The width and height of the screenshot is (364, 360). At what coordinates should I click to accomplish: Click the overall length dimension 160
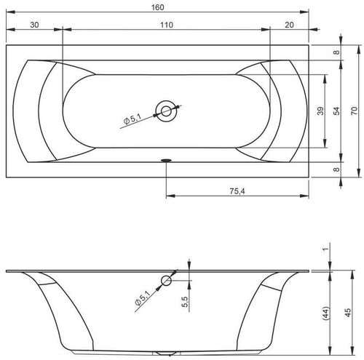tap(158, 7)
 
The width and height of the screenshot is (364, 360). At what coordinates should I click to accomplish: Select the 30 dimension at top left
tap(34, 25)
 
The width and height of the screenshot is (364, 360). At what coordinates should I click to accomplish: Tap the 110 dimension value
tap(167, 25)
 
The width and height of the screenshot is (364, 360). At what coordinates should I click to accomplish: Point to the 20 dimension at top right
tap(289, 25)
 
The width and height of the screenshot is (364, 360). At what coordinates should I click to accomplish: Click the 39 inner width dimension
tap(320, 111)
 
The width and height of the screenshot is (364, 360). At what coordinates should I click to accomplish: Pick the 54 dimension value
tap(336, 111)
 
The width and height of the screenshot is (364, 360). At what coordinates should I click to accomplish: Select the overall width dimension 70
tap(355, 111)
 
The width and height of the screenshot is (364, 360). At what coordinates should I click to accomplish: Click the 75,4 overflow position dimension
tap(237, 191)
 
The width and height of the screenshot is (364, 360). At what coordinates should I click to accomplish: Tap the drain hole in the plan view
tap(166, 111)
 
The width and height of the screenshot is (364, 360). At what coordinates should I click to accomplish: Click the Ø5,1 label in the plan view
tap(132, 119)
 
